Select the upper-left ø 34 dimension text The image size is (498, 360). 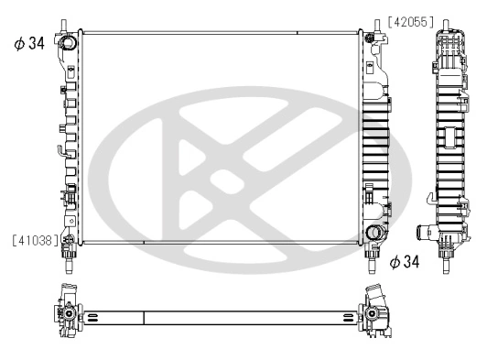tap(29, 43)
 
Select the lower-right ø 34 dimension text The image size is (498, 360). tap(406, 262)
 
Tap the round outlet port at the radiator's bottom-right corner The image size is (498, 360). tap(373, 234)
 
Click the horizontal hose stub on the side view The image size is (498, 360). tap(422, 233)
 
